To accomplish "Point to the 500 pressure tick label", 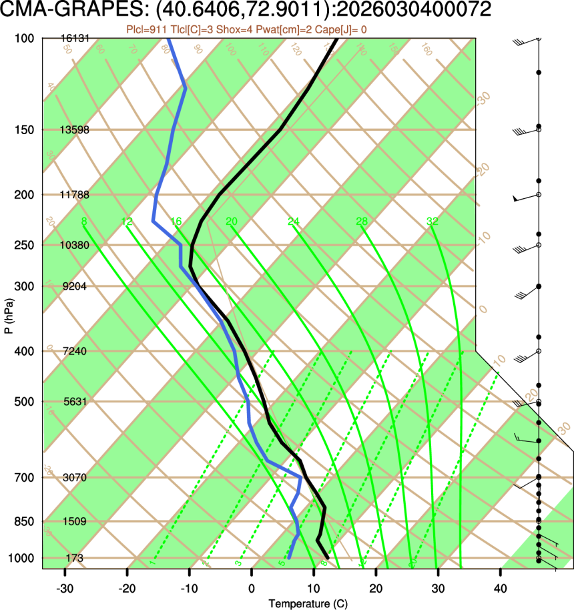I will [23, 402].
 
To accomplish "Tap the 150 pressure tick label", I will [23, 129].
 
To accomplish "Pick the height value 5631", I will [75, 402].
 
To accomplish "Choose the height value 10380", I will [75, 245].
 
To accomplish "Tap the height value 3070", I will [75, 478].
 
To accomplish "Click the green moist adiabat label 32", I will [433, 222].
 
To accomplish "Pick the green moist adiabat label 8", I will [83, 222].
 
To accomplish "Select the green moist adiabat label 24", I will [294, 222].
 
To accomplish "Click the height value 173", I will [75, 557].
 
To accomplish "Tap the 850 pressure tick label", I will [23, 521].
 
